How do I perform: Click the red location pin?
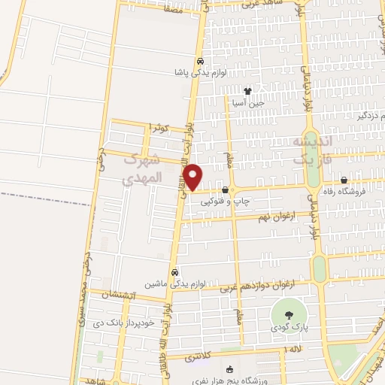[x=194, y=177]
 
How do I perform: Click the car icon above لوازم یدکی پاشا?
[x=199, y=62]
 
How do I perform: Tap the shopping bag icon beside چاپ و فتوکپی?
[x=225, y=190]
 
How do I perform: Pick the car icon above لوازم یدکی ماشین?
[x=174, y=272]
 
